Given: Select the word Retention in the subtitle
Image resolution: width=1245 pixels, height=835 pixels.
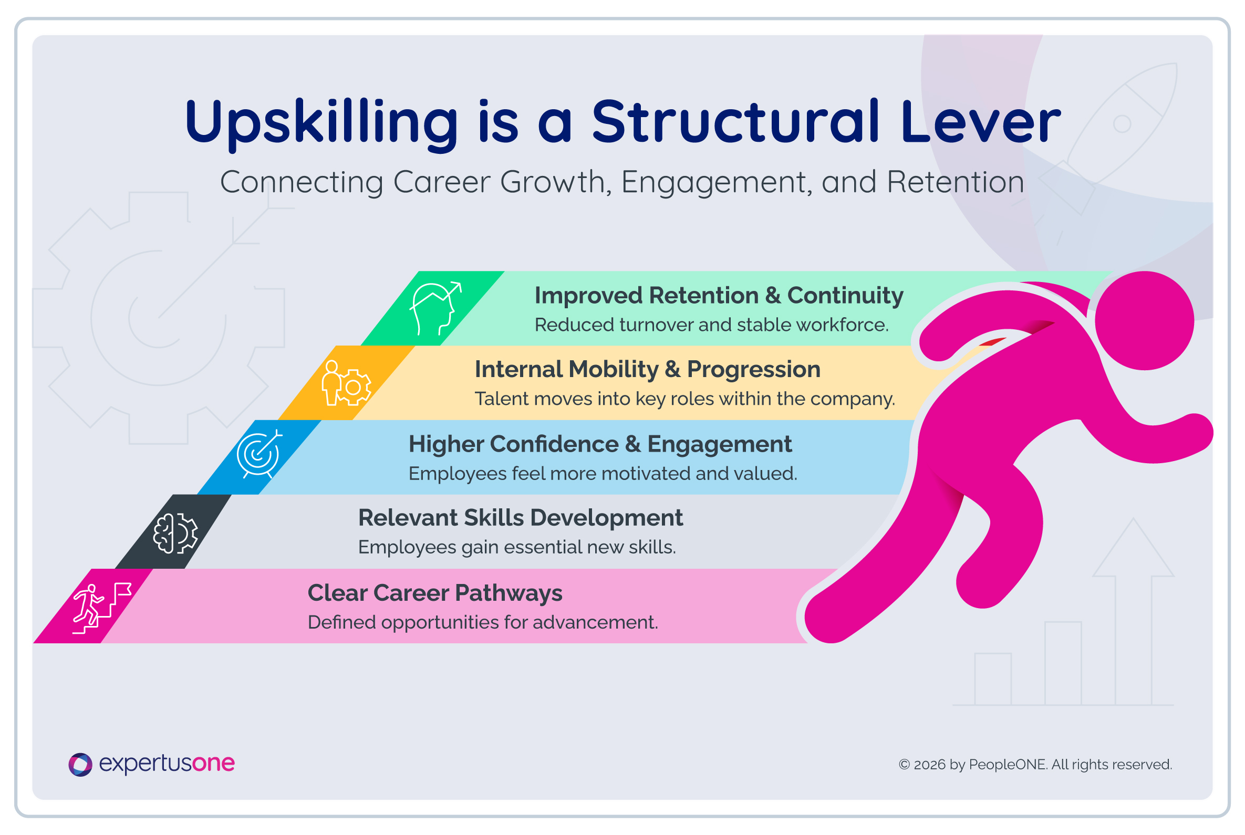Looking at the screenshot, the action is (x=955, y=182).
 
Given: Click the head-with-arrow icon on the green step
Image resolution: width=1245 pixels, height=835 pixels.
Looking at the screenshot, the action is (x=435, y=308).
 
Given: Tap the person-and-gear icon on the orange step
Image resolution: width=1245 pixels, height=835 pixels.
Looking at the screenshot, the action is (x=346, y=383).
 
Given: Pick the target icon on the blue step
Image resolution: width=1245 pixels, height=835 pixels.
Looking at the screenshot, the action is (x=260, y=454).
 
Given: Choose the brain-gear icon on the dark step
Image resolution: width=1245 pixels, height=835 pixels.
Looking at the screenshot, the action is (x=175, y=533).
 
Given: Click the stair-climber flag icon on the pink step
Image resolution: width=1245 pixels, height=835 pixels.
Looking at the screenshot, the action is (x=102, y=608).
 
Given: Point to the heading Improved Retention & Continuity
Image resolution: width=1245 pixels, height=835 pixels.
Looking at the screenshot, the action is (x=719, y=296).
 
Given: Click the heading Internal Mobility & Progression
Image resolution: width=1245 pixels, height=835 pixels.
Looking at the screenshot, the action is (x=647, y=370).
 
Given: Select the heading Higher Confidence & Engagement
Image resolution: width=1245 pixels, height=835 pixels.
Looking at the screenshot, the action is (x=600, y=445).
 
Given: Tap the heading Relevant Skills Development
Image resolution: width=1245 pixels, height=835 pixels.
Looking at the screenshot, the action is (x=520, y=518).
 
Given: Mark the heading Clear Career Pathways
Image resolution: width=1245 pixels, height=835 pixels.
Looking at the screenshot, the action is (x=435, y=593).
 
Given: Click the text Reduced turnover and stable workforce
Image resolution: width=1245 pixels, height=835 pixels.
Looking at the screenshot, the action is (x=712, y=325).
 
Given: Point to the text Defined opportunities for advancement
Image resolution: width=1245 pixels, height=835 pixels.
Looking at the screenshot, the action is (x=483, y=622).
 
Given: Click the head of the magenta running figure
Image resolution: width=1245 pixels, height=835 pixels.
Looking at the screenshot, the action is (x=1144, y=320).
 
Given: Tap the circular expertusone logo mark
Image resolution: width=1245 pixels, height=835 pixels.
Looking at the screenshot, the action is (x=80, y=765).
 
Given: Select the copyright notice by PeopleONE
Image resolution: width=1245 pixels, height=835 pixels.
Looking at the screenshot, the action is (x=1035, y=765).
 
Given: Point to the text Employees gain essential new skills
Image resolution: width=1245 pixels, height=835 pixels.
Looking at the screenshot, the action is (x=517, y=547).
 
